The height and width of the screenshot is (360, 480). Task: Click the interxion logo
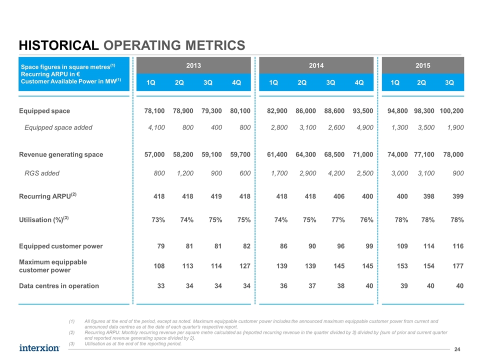tap(39, 348)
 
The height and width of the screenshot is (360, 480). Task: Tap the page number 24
tap(457, 349)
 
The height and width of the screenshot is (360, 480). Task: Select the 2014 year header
tap(316, 65)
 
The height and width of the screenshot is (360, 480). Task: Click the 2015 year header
tap(423, 65)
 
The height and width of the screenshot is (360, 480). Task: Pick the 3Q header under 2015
tap(449, 82)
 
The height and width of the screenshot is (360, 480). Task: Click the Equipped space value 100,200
tap(451, 111)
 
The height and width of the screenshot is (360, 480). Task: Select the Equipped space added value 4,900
tap(365, 127)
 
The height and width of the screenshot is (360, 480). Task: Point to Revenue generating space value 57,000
tap(154, 154)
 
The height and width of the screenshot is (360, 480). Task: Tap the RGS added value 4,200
tap(336, 173)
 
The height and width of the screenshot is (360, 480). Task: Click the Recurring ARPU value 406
tap(339, 196)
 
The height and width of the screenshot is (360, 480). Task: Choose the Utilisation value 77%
tap(338, 220)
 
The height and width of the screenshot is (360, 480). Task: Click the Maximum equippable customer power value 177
tap(458, 266)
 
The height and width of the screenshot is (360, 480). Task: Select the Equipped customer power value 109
tap(402, 246)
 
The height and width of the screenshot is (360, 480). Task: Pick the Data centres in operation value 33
tap(160, 286)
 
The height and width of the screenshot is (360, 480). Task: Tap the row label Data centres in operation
tap(59, 286)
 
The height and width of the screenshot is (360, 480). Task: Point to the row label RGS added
tap(42, 173)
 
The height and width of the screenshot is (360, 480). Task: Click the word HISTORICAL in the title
tap(59, 45)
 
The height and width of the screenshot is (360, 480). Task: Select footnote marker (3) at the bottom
tap(71, 344)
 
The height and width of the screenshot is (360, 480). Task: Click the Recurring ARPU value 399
tap(458, 196)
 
